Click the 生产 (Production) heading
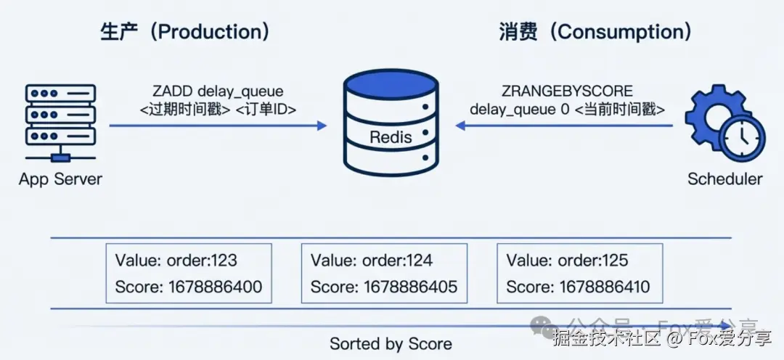coord(185,31)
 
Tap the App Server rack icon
coord(60,120)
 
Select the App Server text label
coord(60,179)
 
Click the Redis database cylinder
coord(391,123)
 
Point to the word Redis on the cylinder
coord(391,137)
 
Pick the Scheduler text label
coord(724,179)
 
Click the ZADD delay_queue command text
coord(218,91)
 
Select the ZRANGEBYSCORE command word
coord(567,91)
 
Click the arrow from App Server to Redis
coord(218,126)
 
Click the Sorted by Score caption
coord(391,343)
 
